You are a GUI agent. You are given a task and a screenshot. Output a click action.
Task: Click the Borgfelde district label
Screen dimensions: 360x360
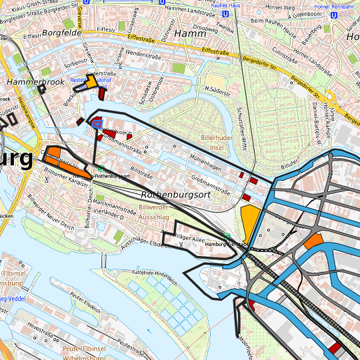pos(62,31)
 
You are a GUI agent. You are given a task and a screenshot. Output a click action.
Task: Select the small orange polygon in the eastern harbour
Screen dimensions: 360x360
pos(313,241)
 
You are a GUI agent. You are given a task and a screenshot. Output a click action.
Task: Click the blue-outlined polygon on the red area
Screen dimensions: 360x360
pos(98,123)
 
